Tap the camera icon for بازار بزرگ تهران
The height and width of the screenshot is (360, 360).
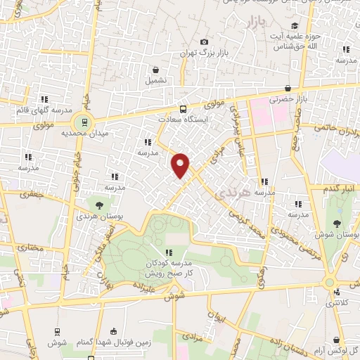coord(204,42)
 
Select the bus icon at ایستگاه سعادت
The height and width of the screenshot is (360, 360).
coord(184,109)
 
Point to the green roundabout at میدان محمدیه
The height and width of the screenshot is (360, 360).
coord(84,122)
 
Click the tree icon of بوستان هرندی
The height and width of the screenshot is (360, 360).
coord(98,205)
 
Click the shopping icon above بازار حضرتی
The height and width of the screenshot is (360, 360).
coord(288,89)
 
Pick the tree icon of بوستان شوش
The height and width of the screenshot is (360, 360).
coord(337,224)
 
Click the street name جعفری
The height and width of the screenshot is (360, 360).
coord(32,193)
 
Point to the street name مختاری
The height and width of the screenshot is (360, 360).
coord(30,248)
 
